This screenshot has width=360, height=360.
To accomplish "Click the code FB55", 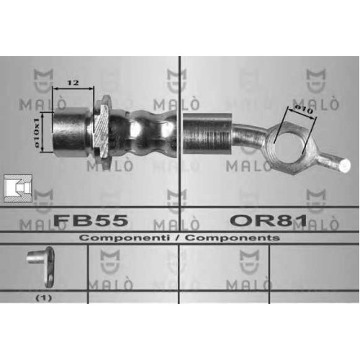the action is pos(91,220).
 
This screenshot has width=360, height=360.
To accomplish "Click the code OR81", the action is pos(269,220).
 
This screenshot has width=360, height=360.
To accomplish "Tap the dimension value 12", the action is pos(73,83).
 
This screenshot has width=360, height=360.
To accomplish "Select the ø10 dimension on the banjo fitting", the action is pos(304,109).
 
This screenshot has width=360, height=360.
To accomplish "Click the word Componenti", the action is pos(125,238).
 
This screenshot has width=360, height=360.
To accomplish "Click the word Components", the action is pos(233,238).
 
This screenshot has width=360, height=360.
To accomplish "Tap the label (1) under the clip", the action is pos(44,298).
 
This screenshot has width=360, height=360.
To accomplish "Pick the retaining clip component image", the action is pos(41,267).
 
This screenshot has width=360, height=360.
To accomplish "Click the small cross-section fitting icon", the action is pos(18,189).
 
